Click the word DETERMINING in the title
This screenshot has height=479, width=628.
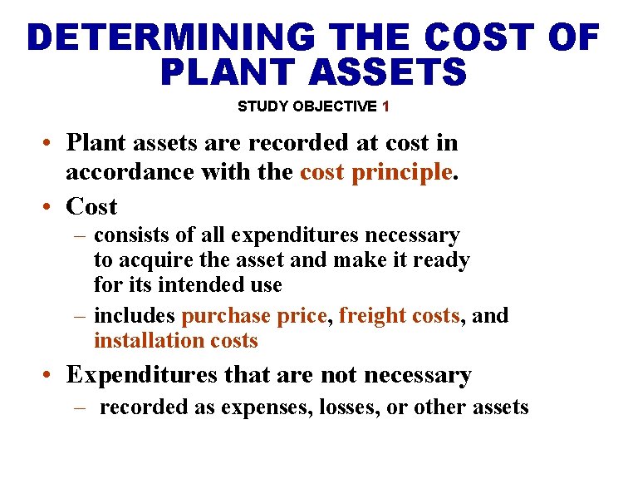[170, 37]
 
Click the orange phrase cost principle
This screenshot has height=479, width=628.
[376, 172]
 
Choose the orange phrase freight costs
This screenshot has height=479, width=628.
[400, 316]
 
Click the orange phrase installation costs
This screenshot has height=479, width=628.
[176, 341]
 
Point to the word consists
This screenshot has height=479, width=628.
[127, 236]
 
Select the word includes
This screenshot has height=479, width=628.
[135, 316]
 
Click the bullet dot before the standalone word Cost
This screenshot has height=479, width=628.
[52, 207]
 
